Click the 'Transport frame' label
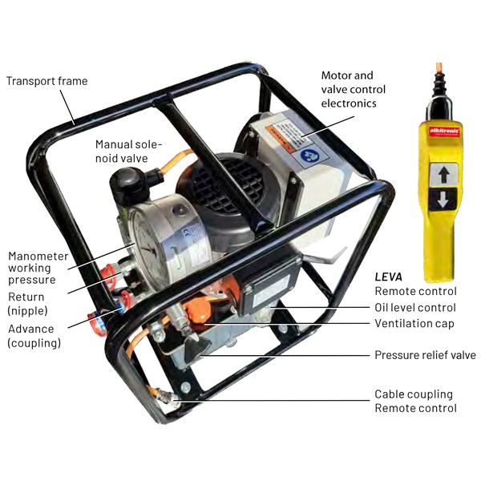pos(47,81)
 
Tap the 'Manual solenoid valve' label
pos(128,152)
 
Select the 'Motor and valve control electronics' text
pos(353,89)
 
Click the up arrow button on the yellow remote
pos(443,175)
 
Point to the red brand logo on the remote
pos(444,131)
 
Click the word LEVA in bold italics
pos(388,277)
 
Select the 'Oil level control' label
pos(415,307)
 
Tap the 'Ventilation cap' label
pos(414,323)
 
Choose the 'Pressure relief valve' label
pos(425,355)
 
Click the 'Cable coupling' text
pos(414,394)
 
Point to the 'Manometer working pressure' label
pos(38,268)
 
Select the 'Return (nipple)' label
pos(27,304)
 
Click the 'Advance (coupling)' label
pos(34,336)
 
